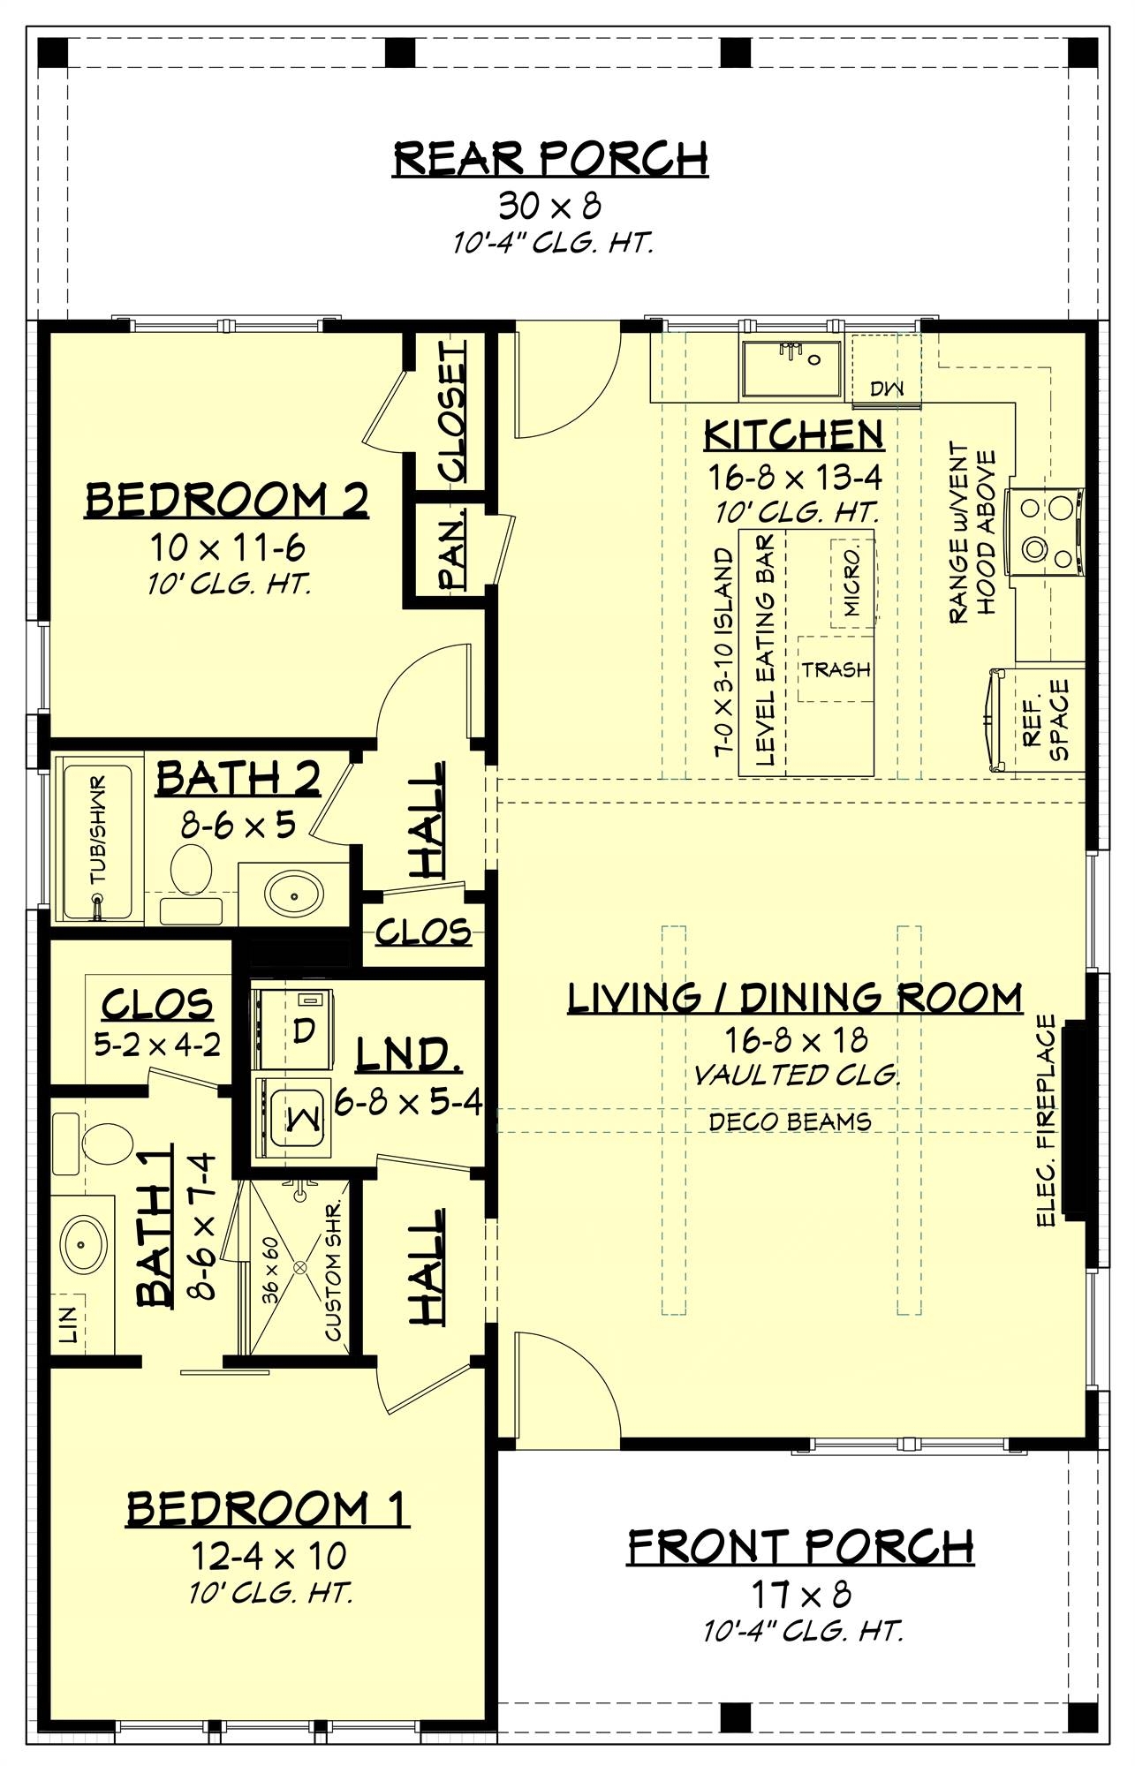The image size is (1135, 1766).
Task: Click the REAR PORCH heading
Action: coord(550,159)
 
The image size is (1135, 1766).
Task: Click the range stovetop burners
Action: coord(1048,530)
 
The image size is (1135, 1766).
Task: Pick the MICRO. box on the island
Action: coord(852,580)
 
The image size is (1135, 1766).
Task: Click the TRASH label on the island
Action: coord(836,670)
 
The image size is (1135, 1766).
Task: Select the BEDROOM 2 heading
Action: coord(227,501)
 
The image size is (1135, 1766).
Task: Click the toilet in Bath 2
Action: coord(191,870)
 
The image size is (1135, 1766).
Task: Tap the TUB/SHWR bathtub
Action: coord(95,841)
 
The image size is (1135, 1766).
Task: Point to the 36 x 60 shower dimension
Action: coord(269,1269)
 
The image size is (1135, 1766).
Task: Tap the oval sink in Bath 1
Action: coord(84,1241)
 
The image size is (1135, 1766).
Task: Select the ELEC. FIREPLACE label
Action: coord(1048,1121)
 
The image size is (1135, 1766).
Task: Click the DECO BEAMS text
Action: coord(790,1121)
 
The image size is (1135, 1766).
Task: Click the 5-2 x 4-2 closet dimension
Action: coord(157,1045)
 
